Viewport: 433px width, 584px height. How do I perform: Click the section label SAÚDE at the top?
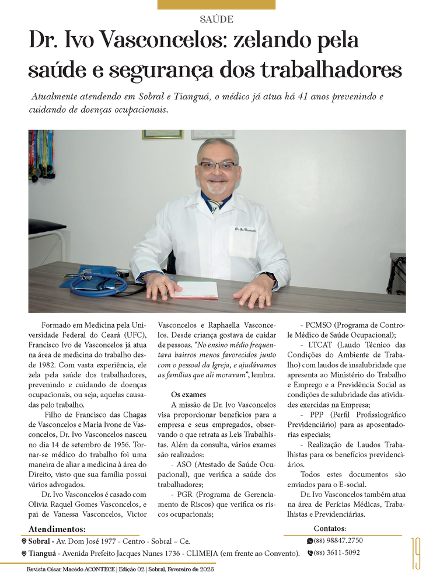(216, 19)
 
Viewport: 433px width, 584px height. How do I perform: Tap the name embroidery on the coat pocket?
(246, 228)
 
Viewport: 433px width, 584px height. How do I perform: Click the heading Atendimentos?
(56, 529)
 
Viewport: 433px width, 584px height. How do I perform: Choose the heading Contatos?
(330, 529)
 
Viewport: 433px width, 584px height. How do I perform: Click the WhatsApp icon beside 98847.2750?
(310, 541)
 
